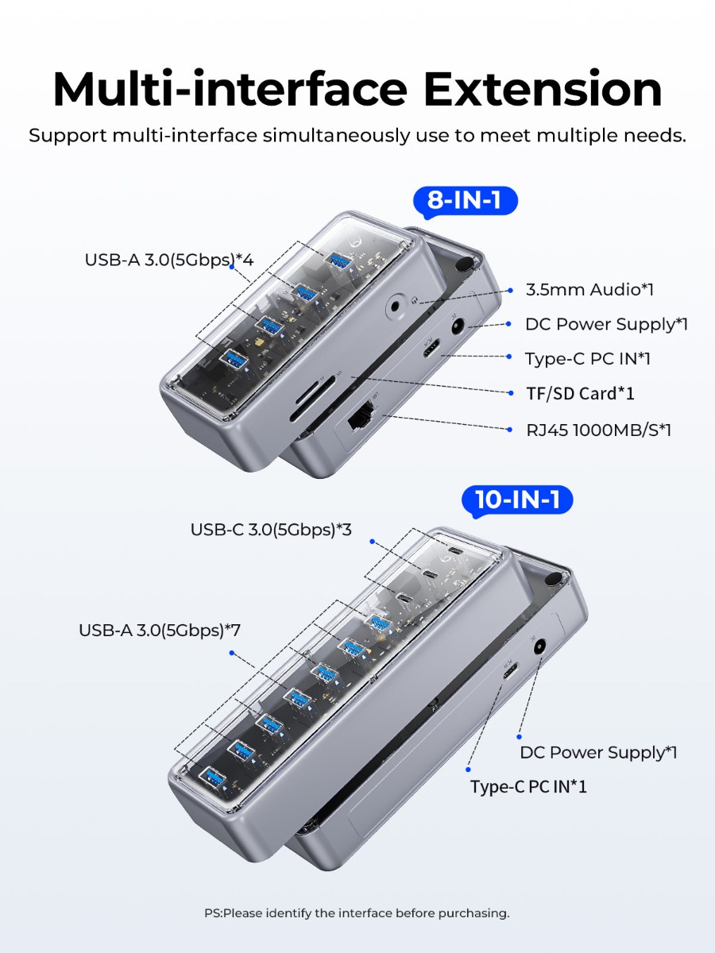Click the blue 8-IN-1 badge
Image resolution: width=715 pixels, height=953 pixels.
point(465,201)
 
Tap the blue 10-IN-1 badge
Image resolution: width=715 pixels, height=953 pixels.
point(517,500)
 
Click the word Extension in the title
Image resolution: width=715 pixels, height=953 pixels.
point(543,90)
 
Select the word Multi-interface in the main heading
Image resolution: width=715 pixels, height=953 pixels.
point(230,90)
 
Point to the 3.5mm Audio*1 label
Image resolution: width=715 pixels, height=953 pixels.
point(589,290)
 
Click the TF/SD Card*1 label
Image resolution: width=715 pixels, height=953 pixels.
point(580,394)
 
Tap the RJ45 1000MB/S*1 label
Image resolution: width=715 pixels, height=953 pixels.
point(599,430)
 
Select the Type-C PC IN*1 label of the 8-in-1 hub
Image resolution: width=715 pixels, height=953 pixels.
point(588,359)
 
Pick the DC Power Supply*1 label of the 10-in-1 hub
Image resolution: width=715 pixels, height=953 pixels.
point(598,752)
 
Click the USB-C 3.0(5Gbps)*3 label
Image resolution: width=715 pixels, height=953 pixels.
point(271,530)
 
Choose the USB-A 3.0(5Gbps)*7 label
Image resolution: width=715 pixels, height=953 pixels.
point(160,631)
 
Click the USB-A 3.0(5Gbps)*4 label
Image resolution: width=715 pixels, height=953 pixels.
point(169,260)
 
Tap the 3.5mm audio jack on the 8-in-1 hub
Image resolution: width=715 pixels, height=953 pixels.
point(395,307)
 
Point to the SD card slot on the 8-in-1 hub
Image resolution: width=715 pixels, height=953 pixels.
point(312,399)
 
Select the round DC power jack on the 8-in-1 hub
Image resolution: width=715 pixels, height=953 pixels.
point(457,326)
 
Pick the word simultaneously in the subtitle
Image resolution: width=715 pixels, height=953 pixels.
point(335,136)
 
